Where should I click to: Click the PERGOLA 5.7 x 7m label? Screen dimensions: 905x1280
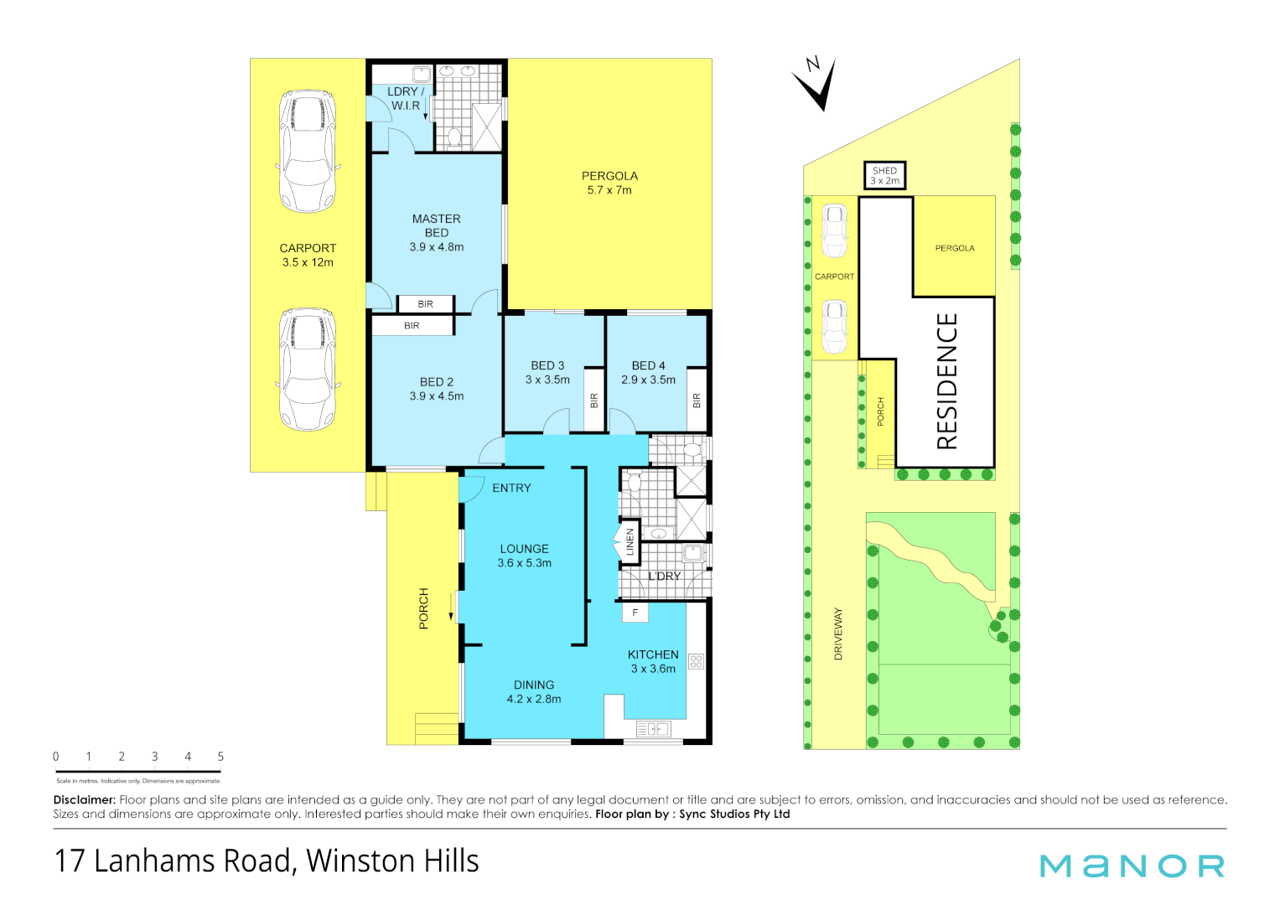tap(609, 183)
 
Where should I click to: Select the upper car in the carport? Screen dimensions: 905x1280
tap(308, 153)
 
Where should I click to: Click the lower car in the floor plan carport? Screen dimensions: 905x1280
tap(308, 369)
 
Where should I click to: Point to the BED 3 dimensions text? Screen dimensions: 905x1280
tap(547, 380)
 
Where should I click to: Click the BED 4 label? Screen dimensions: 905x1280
tap(648, 365)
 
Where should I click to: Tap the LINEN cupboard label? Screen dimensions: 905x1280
tap(630, 541)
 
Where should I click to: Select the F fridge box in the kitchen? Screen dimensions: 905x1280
tap(635, 613)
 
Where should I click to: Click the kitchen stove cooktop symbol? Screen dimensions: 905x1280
tap(696, 661)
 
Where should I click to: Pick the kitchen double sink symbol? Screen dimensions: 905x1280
tap(654, 729)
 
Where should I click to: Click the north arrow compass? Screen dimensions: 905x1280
tap(816, 84)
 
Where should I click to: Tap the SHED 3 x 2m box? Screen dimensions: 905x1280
tap(884, 175)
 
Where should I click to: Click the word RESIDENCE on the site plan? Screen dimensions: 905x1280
tap(946, 381)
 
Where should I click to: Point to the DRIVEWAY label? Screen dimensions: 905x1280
tap(838, 633)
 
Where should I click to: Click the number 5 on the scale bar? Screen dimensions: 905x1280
tap(220, 757)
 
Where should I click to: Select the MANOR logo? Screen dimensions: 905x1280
tap(1132, 866)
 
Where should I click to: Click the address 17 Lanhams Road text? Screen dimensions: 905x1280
tap(267, 861)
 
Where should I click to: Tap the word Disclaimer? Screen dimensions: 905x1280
tap(84, 799)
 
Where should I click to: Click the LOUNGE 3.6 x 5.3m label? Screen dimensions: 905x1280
tap(524, 556)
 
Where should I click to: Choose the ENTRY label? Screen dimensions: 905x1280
tap(511, 488)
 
